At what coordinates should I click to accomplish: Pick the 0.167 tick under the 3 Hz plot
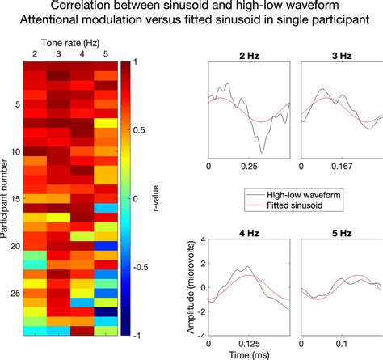340,166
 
